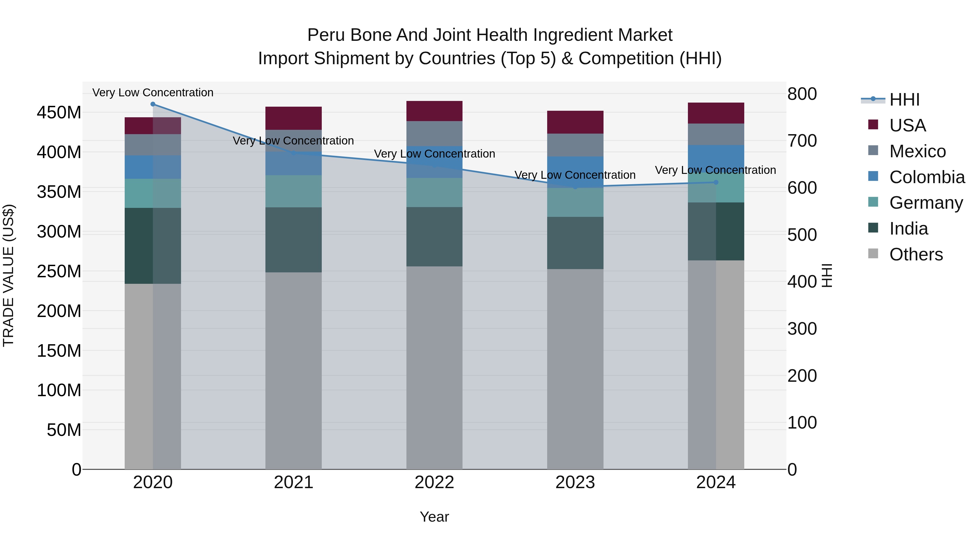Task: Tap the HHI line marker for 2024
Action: tap(716, 182)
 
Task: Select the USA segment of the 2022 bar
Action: tap(434, 111)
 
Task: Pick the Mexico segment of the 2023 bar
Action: tap(575, 145)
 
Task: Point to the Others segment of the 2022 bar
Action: tap(434, 367)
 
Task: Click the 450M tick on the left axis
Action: tap(59, 113)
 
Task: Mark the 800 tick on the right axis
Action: tap(802, 94)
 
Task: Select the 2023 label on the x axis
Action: tap(575, 482)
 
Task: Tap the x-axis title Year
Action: tap(434, 517)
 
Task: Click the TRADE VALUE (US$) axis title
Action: tap(8, 275)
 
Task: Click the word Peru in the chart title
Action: tap(326, 35)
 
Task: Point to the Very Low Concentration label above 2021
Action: tap(293, 141)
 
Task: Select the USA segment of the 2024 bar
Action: tap(716, 113)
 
